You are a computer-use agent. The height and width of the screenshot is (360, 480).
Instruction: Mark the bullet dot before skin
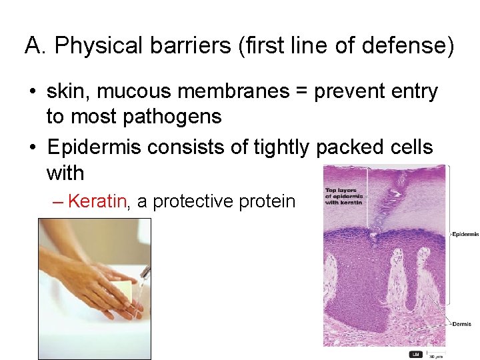click(x=31, y=91)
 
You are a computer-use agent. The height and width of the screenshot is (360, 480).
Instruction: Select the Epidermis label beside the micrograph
click(x=465, y=234)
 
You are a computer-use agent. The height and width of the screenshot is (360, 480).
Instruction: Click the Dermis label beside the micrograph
click(x=461, y=324)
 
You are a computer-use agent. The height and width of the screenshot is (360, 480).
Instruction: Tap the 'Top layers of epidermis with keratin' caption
click(x=343, y=196)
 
